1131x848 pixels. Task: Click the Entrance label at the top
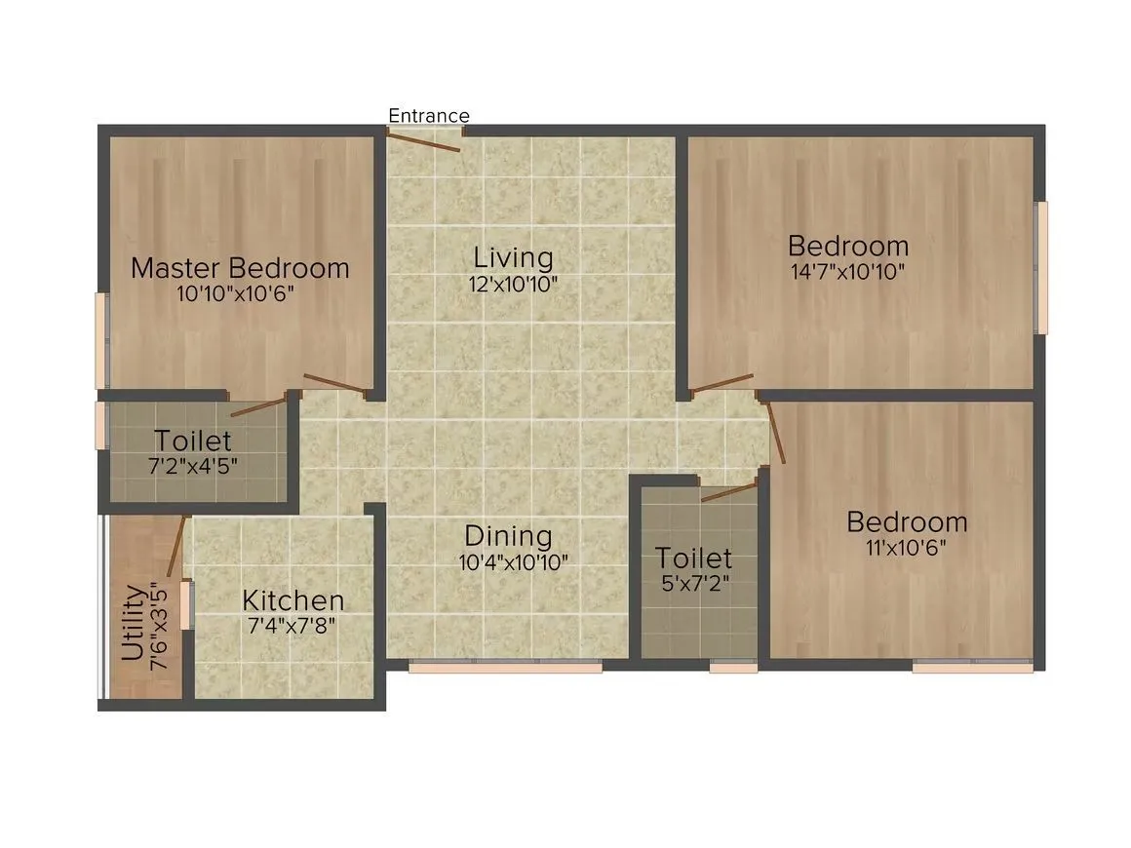point(429,116)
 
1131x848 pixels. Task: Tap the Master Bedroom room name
point(240,268)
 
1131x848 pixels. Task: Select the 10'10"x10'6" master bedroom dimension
point(236,293)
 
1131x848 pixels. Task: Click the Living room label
point(513,258)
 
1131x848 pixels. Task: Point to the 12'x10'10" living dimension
point(513,284)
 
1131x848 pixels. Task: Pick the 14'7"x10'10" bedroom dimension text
point(848,271)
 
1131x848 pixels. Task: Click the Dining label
point(508,536)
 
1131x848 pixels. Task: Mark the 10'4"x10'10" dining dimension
point(513,561)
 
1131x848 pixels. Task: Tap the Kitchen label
point(292,600)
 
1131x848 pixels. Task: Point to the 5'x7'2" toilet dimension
point(694,584)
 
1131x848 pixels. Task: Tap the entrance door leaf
point(422,141)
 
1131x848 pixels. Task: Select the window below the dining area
point(504,668)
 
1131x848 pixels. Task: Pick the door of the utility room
point(176,545)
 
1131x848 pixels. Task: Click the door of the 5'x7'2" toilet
point(729,491)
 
